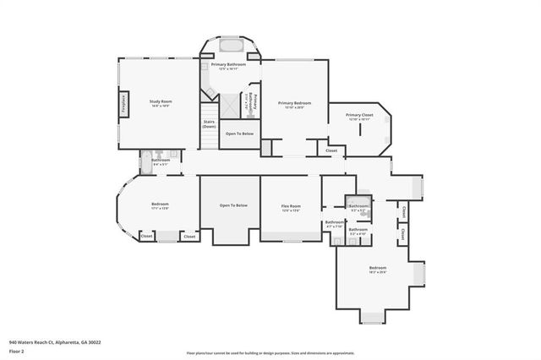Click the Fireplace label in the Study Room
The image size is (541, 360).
(124, 104)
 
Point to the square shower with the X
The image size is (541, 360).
(229, 105)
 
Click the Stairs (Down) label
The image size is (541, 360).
(209, 123)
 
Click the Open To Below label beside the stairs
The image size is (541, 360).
(239, 134)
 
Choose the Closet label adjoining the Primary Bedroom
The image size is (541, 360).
(331, 151)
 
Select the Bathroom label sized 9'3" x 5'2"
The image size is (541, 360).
(358, 206)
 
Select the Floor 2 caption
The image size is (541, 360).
(17, 351)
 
